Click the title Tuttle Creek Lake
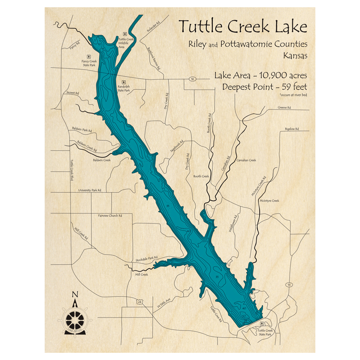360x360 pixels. coord(243,27)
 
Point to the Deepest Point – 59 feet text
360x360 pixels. coord(264,87)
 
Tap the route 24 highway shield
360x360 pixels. coord(139,302)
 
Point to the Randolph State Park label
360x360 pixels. coord(124,89)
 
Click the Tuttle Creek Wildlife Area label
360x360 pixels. coord(126,43)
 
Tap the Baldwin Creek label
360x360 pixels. coord(102,160)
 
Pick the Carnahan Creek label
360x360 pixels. coord(246,160)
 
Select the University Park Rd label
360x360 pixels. coord(90,190)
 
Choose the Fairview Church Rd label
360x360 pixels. coord(110,216)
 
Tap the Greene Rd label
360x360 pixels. coord(284,107)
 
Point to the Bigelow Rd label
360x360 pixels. coord(292,129)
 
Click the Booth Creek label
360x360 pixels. coord(201,176)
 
